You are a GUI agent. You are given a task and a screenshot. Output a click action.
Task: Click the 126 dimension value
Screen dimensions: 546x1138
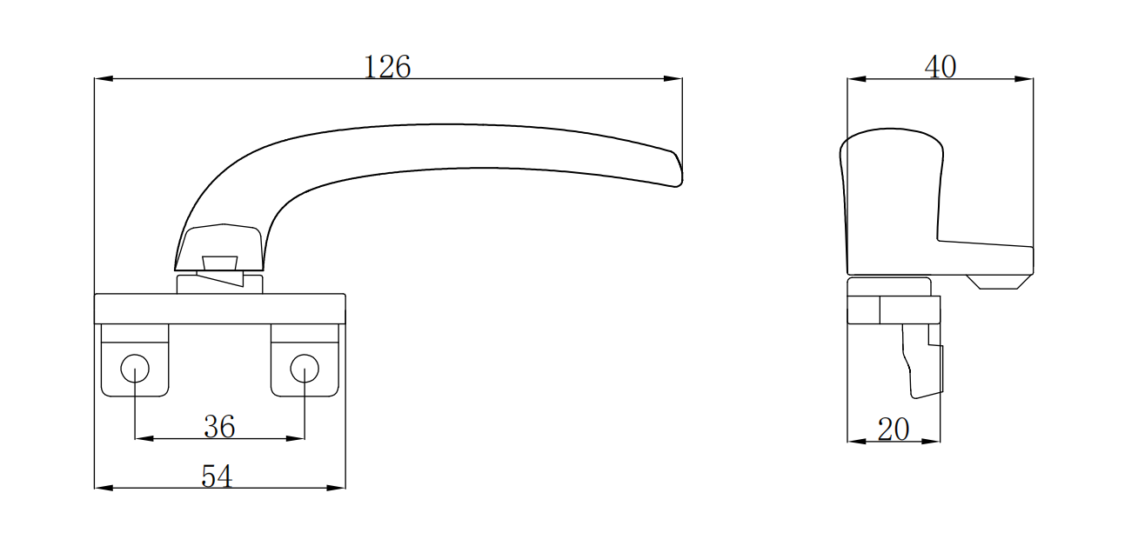(387, 67)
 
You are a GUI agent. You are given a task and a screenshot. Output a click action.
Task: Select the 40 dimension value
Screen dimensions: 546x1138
(941, 67)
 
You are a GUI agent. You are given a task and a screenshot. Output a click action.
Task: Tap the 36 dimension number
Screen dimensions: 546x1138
(219, 426)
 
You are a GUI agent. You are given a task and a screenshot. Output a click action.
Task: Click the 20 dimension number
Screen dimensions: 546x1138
(894, 429)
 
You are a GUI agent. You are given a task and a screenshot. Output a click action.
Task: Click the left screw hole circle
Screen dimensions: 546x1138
(135, 368)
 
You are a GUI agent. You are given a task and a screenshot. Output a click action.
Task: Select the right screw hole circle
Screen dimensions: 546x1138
(305, 368)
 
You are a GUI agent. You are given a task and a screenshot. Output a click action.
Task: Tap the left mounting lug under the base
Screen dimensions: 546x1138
(135, 361)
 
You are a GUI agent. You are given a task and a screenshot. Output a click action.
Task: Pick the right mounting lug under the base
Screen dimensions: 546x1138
(305, 361)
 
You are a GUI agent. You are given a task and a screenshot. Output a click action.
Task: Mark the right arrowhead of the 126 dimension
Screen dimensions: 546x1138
(674, 79)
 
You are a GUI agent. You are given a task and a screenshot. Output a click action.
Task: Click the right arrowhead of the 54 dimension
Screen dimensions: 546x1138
(338, 488)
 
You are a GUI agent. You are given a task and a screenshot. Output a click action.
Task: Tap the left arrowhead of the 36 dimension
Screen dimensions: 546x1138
(143, 438)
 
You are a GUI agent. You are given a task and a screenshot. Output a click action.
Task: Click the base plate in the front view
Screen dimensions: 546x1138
(219, 309)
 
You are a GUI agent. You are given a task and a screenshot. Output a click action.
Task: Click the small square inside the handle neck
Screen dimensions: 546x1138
(219, 263)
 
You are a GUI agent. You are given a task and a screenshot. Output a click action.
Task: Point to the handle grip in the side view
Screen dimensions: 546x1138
(892, 200)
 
